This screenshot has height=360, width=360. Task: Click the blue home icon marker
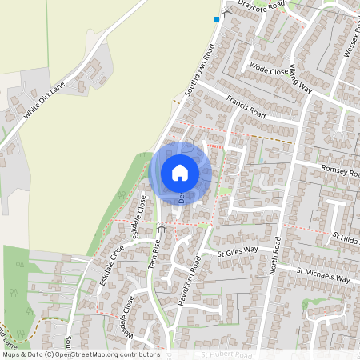point(180,172)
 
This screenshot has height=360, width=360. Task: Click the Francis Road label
point(245,108)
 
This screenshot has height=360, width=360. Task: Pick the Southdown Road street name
point(201,70)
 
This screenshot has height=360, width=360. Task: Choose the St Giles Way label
point(238,252)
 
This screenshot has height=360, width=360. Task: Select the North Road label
point(276,257)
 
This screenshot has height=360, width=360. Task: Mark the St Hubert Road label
point(226,354)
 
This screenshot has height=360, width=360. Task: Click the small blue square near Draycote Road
point(216,18)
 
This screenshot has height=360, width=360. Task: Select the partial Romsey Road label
point(340,170)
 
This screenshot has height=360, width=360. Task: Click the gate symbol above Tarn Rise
point(162,229)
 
